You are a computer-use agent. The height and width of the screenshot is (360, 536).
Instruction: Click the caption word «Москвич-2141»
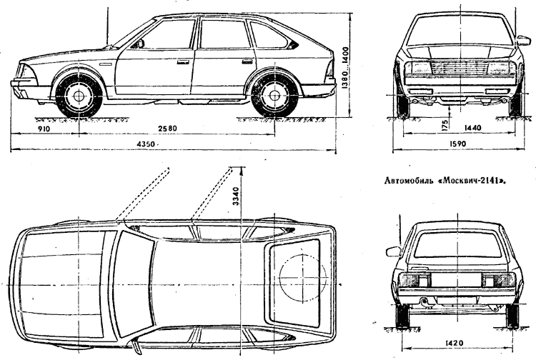(482, 181)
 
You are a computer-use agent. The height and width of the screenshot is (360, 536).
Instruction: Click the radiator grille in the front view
(459, 71)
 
